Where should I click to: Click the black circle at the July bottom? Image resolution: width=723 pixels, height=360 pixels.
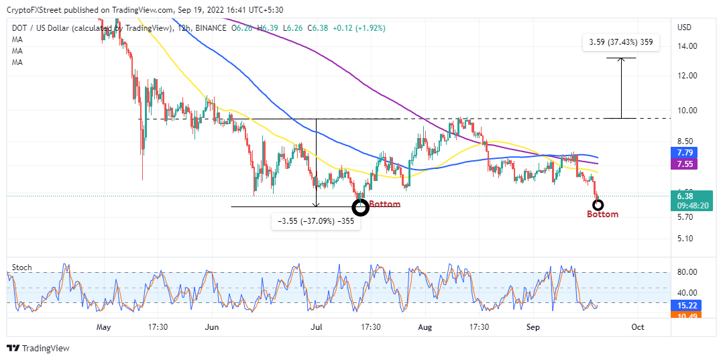click(361, 207)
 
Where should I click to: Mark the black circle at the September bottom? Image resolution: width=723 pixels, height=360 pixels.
click(598, 204)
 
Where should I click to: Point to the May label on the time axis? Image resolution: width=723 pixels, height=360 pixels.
click(103, 327)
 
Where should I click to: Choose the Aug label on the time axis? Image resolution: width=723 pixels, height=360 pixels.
click(424, 327)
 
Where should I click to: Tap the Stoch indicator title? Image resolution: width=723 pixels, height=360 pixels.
click(22, 267)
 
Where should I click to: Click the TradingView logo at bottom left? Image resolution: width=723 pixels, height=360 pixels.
click(38, 348)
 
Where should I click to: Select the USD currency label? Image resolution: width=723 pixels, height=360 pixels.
click(685, 27)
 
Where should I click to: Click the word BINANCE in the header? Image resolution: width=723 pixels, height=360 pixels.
click(211, 27)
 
